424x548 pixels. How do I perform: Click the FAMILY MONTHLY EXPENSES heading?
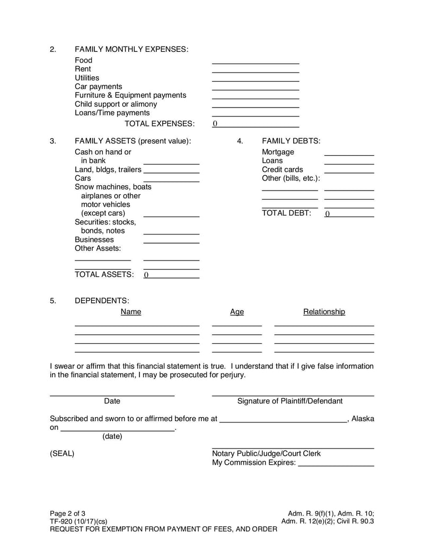click(x=131, y=49)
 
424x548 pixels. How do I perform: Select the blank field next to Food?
click(x=255, y=60)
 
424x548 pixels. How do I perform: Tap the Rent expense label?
click(x=83, y=69)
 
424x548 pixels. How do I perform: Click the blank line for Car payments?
click(x=255, y=86)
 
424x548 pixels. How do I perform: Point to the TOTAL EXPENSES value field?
click(x=255, y=124)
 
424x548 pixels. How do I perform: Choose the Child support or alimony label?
click(x=116, y=104)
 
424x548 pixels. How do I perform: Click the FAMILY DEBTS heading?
click(x=291, y=141)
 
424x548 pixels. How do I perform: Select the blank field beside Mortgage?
click(x=349, y=152)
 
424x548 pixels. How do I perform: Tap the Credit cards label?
click(x=282, y=169)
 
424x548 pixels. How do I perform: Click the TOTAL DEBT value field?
click(x=349, y=214)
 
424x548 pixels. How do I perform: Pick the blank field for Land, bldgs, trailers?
click(x=171, y=170)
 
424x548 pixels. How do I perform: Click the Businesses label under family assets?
click(x=94, y=239)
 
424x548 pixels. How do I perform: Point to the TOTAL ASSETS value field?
click(x=171, y=275)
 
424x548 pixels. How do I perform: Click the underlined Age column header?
click(x=237, y=312)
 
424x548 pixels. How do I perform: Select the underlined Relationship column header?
click(x=324, y=312)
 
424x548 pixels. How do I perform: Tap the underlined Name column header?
click(x=131, y=312)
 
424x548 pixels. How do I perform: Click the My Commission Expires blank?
click(x=336, y=463)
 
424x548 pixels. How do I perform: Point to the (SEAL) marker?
click(x=62, y=454)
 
